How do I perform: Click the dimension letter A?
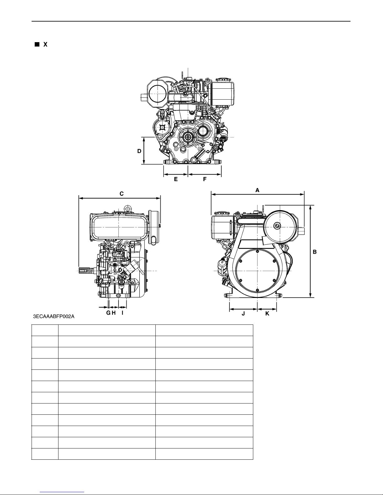point(257,190)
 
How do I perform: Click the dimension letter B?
point(315,252)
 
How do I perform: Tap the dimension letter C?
point(122,194)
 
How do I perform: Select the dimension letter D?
point(139,151)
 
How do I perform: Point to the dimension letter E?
point(176,179)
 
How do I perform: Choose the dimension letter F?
point(205,179)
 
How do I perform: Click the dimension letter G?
point(108,313)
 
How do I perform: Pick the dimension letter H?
point(113,313)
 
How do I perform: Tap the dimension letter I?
point(123,313)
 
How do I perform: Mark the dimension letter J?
point(243,314)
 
